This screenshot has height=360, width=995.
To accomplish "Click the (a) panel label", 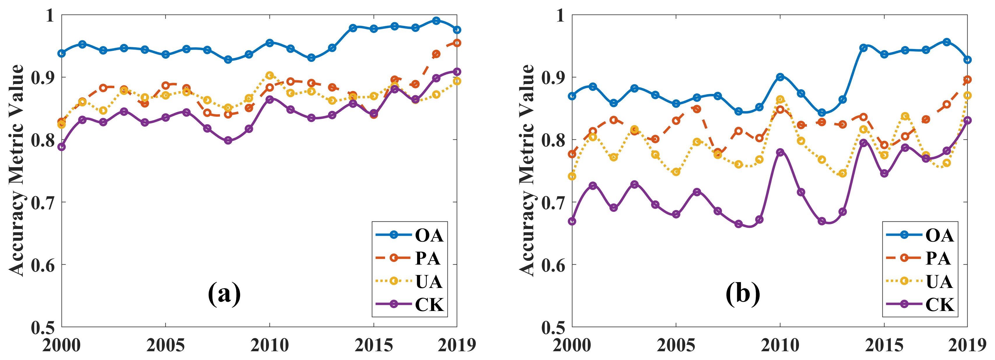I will (224, 294).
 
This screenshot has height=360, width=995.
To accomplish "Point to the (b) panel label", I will (742, 294).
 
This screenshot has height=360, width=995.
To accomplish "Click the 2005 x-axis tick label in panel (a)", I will (165, 345).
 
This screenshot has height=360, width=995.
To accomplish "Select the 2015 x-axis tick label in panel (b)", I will (884, 345).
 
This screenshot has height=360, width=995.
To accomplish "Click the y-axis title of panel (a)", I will (16, 170).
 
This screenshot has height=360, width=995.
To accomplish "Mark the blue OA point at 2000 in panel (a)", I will (62, 53).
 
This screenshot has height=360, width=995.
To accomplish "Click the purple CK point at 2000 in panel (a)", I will (62, 147).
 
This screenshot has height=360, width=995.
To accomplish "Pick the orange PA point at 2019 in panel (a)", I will (457, 43).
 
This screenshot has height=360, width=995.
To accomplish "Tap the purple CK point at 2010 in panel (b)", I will (780, 152).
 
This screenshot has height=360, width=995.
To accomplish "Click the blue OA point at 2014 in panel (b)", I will (863, 48).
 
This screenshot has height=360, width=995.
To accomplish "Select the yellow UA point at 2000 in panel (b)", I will (572, 176).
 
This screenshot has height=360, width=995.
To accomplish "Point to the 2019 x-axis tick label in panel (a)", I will (457, 345).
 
